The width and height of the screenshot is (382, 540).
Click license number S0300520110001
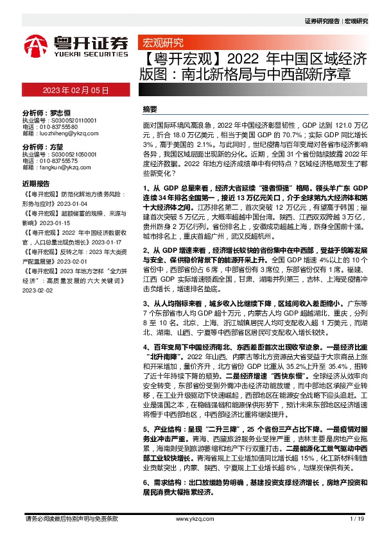tap(73, 119)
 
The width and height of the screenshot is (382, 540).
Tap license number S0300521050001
tap(73, 155)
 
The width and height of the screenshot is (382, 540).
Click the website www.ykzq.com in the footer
tap(191, 519)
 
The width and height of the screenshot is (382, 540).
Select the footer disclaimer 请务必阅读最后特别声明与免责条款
tap(71, 519)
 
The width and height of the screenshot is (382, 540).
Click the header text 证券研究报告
tap(320, 21)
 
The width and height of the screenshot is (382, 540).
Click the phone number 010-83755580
tap(67, 126)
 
